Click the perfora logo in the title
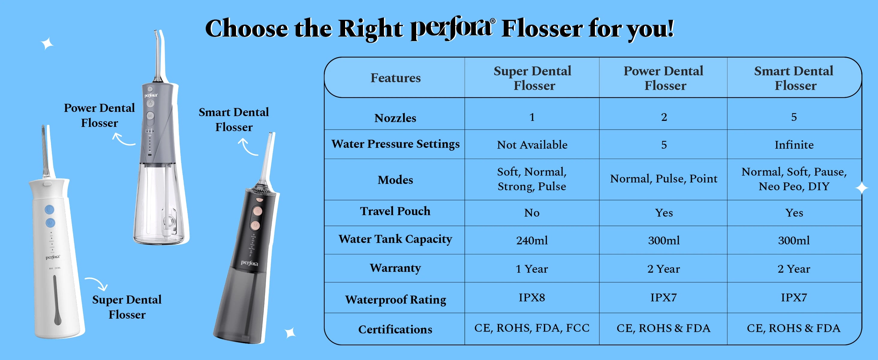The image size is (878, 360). (x=452, y=28)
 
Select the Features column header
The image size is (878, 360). (x=396, y=78)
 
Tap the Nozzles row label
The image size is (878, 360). (x=396, y=118)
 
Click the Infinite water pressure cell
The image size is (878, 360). (x=794, y=145)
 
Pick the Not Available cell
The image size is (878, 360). (x=532, y=145)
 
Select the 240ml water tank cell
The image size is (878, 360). (x=532, y=240)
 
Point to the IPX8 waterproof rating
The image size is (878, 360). (x=532, y=298)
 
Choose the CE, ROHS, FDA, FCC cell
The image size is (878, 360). (x=532, y=328)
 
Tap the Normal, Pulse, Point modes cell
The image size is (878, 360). (x=664, y=178)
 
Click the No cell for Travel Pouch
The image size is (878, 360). (x=532, y=213)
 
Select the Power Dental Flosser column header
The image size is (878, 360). (x=664, y=78)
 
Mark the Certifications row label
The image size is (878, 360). (x=396, y=329)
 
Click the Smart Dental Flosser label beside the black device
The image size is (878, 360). (x=234, y=120)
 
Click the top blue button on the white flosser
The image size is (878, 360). (x=49, y=209)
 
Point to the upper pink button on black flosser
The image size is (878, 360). (x=258, y=211)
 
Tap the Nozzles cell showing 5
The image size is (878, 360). (x=794, y=117)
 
